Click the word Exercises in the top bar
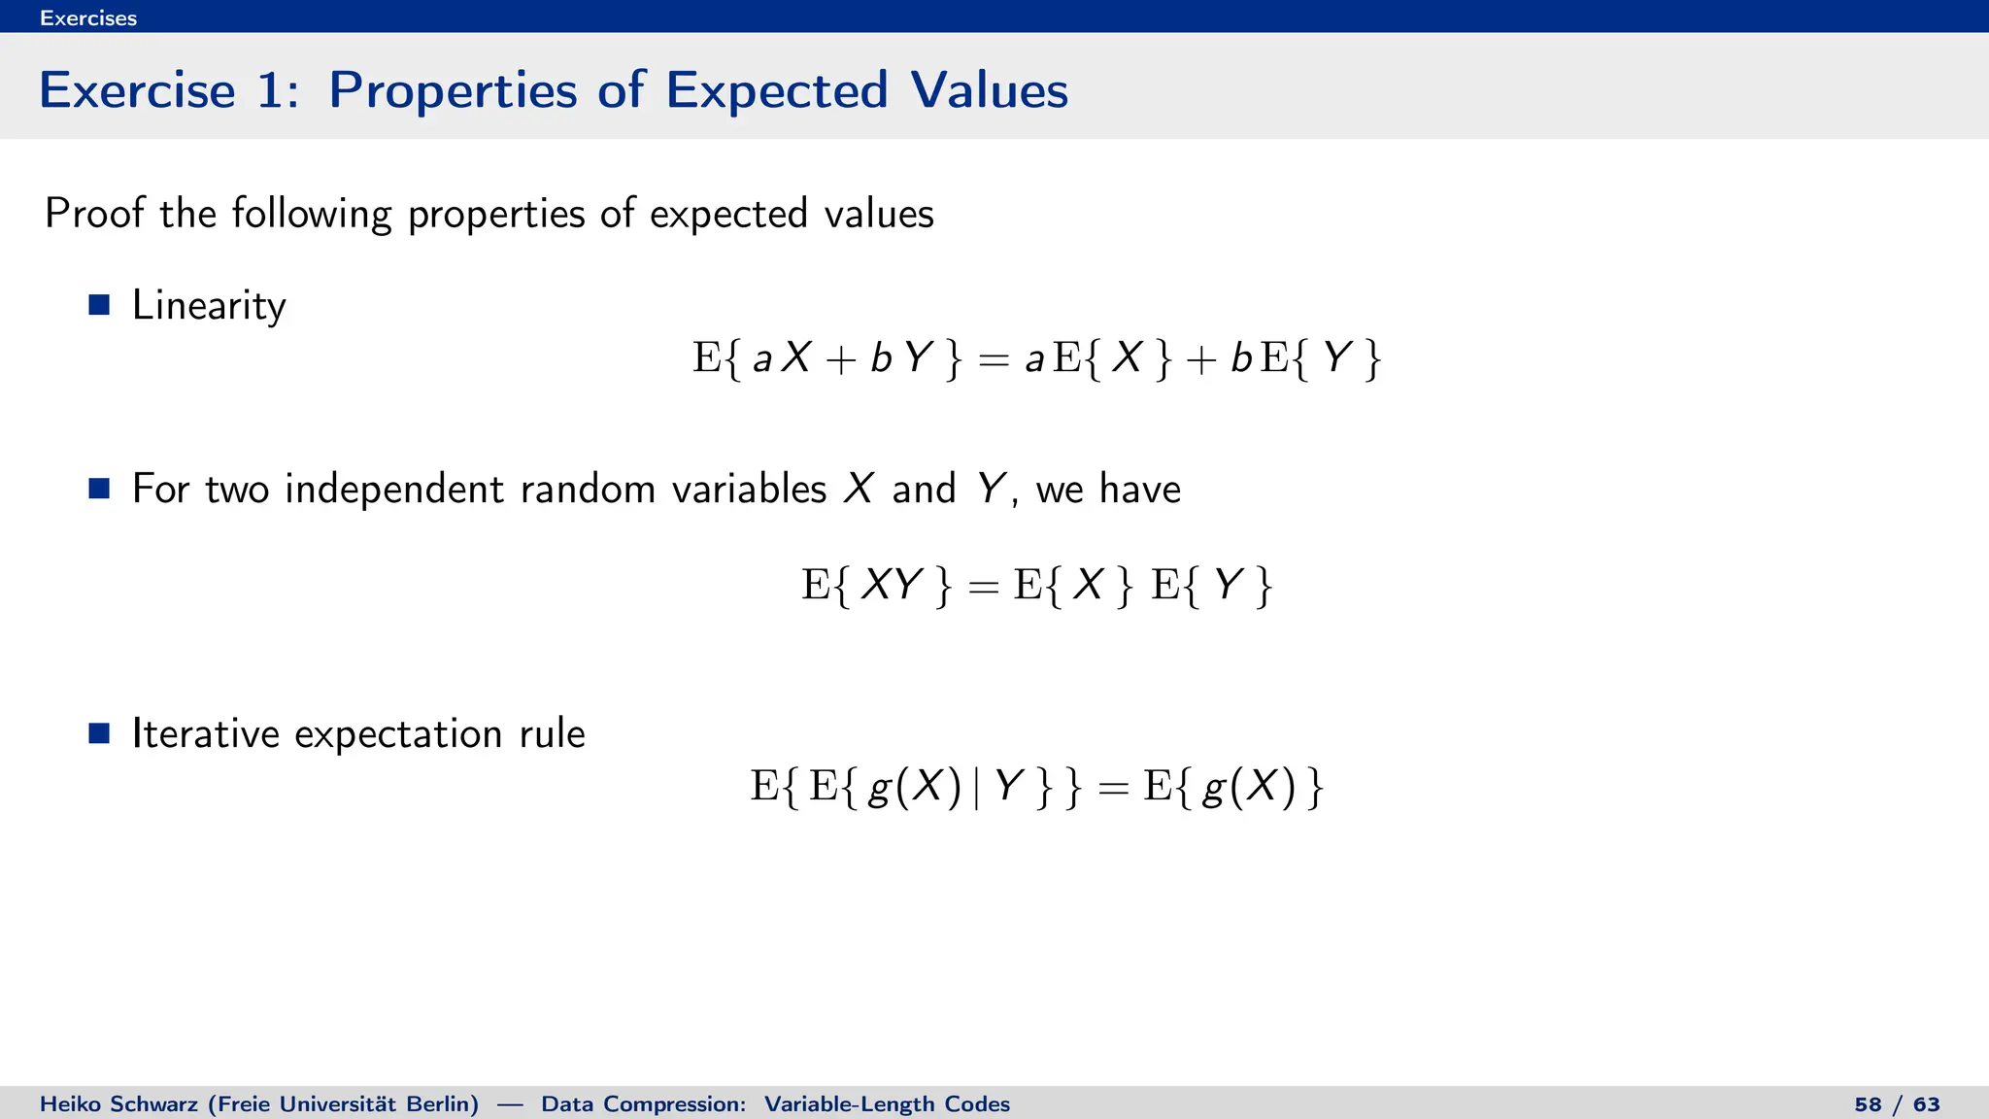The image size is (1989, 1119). click(x=87, y=17)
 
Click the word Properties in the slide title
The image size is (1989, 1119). click(x=453, y=90)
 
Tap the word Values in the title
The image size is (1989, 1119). click(x=989, y=90)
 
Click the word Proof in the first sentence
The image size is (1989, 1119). click(x=93, y=213)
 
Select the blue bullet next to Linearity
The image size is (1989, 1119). click(x=99, y=305)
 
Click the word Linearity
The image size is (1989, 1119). click(x=209, y=306)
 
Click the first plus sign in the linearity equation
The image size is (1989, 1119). click(x=840, y=360)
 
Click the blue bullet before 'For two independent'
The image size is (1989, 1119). click(x=99, y=488)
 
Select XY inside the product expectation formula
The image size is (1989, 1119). click(x=892, y=585)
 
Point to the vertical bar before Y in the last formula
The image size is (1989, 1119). click(x=976, y=786)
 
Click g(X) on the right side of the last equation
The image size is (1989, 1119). click(x=1248, y=786)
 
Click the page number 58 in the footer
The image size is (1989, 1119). click(x=1867, y=1104)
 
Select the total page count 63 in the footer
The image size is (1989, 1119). click(x=1926, y=1104)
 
